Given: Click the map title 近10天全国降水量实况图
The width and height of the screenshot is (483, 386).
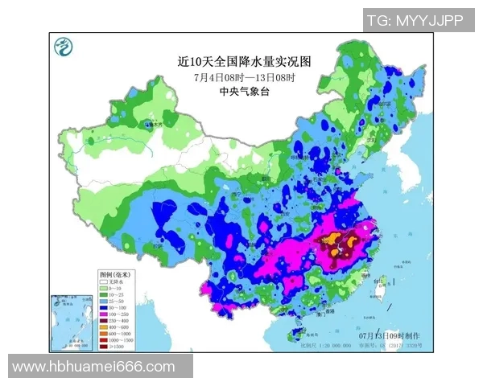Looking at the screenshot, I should tap(244, 60).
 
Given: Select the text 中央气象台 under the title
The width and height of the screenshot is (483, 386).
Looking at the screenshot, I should tap(244, 92).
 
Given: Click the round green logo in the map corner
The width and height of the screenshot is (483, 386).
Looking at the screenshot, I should tap(62, 47).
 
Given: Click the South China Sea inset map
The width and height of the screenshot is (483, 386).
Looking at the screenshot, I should tap(73, 321).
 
